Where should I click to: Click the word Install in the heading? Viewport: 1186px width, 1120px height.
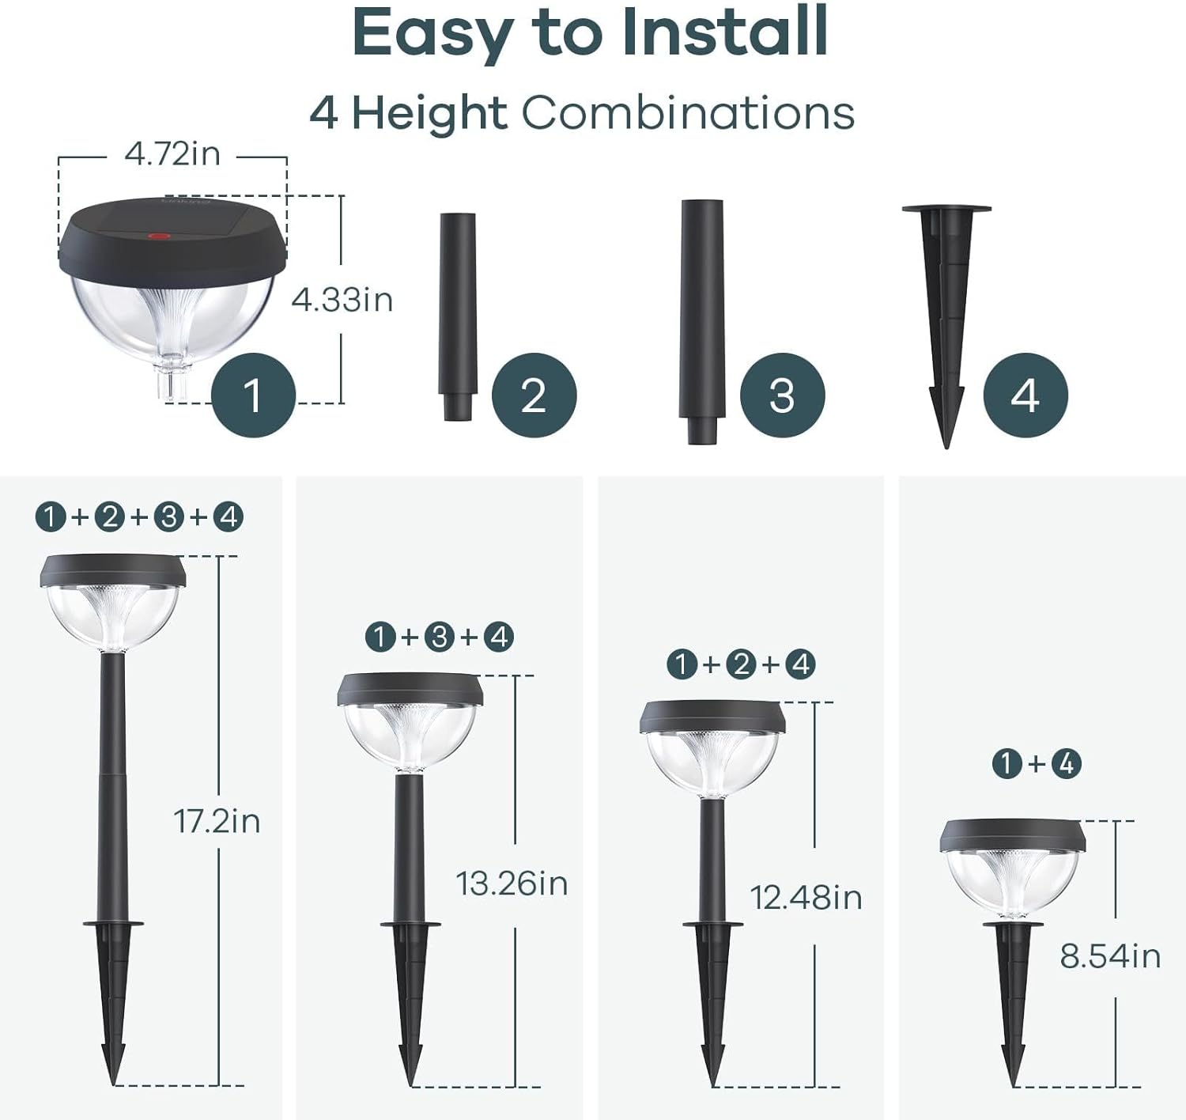pyautogui.click(x=724, y=33)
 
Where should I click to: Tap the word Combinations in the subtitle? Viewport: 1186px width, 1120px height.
pyautogui.click(x=687, y=113)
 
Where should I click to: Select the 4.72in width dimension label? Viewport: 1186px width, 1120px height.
pyautogui.click(x=172, y=153)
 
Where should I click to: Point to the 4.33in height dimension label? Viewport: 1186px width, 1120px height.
pyautogui.click(x=342, y=300)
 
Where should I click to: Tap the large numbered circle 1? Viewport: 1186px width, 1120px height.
pyautogui.click(x=253, y=395)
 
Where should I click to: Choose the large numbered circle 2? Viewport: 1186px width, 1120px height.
pyautogui.click(x=534, y=395)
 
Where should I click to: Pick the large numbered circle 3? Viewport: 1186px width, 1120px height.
pyautogui.click(x=782, y=395)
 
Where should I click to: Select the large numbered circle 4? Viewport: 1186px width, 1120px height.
pyautogui.click(x=1025, y=395)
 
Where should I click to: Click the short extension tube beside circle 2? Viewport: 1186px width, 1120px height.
pyautogui.click(x=458, y=315)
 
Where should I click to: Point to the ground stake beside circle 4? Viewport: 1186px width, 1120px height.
pyautogui.click(x=946, y=316)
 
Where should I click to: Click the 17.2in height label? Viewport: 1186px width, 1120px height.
pyautogui.click(x=217, y=821)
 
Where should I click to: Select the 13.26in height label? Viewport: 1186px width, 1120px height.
pyautogui.click(x=512, y=884)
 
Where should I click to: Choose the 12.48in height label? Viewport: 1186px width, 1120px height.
pyautogui.click(x=806, y=898)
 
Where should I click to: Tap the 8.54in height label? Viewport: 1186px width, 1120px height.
pyautogui.click(x=1110, y=956)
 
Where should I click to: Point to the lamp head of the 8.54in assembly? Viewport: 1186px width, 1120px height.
pyautogui.click(x=1012, y=867)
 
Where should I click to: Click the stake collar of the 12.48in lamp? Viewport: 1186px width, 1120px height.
pyautogui.click(x=712, y=924)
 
